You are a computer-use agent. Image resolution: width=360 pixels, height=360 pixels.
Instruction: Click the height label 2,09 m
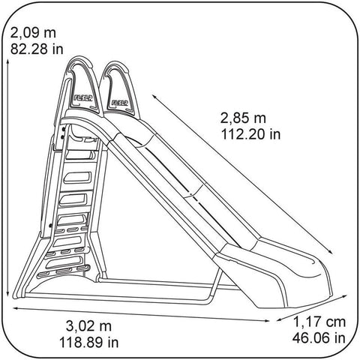[34, 33]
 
